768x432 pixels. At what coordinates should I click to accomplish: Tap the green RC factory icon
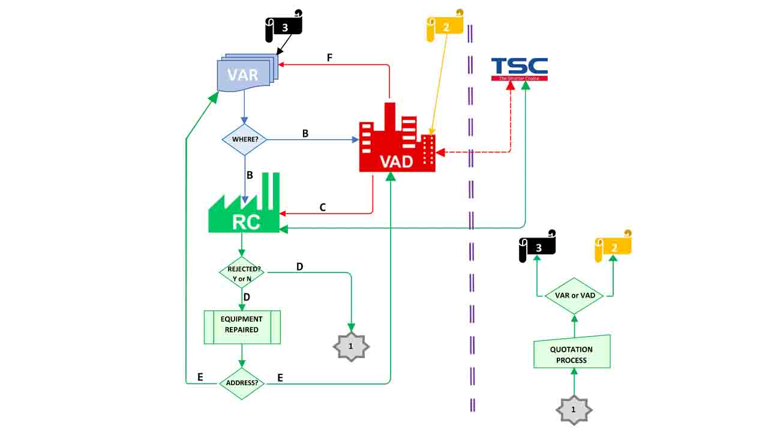[245, 207]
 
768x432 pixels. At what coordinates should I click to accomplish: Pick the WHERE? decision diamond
[245, 140]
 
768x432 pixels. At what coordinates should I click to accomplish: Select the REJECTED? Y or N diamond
[242, 273]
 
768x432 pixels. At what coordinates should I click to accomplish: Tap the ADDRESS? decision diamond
[242, 382]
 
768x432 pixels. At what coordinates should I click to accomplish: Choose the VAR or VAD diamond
[574, 296]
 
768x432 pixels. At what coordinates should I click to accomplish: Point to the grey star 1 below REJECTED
[351, 346]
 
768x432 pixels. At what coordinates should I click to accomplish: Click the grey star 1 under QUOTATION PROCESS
[574, 410]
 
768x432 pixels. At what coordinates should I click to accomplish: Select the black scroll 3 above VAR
[284, 26]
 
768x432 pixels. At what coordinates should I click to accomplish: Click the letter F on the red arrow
[329, 58]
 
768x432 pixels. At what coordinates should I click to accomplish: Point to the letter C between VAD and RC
[323, 208]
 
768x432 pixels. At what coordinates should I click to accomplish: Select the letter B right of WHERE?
[305, 134]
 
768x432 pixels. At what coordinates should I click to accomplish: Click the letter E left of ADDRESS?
[200, 377]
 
